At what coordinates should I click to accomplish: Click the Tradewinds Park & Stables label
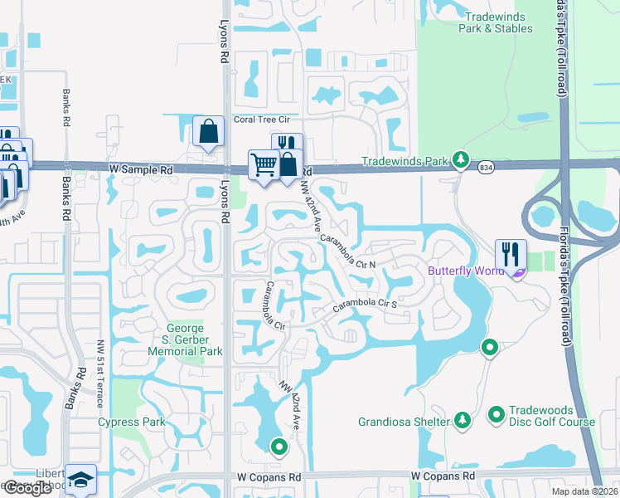497,22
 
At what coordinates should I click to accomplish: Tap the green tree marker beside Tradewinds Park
461,160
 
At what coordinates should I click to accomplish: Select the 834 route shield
487,168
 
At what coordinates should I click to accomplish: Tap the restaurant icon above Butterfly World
511,253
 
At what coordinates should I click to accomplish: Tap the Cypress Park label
132,422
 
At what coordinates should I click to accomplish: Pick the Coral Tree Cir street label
266,119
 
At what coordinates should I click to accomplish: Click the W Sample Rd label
141,168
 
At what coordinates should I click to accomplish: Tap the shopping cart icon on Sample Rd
264,164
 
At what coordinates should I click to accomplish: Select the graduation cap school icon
81,481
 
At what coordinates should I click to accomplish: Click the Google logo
27,488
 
